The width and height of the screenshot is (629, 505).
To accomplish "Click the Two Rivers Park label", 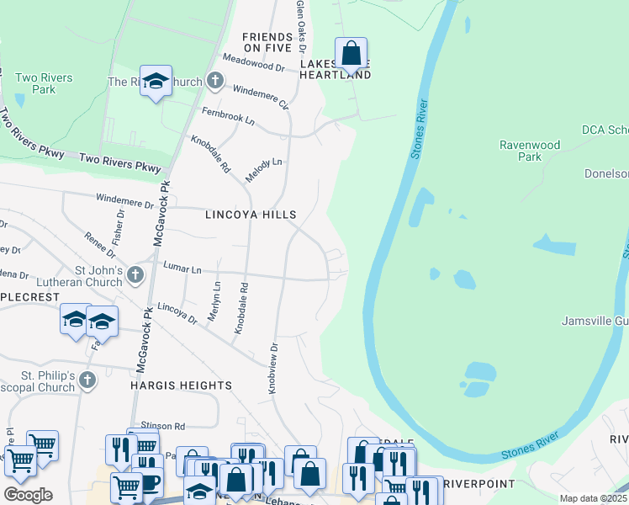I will click(x=44, y=83).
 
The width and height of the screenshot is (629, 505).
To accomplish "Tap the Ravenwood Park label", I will click(x=530, y=151).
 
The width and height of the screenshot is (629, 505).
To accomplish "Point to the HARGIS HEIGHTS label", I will click(x=181, y=385).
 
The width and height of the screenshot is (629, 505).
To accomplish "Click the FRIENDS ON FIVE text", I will click(x=267, y=43).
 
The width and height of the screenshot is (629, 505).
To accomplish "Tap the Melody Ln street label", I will click(x=263, y=170).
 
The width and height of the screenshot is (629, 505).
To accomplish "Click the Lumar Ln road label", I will click(x=182, y=268).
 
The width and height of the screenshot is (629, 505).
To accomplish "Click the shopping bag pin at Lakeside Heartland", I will click(x=351, y=54).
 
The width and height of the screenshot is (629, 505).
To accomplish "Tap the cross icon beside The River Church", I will click(x=215, y=81).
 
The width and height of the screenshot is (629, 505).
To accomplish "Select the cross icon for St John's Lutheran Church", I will click(x=135, y=274).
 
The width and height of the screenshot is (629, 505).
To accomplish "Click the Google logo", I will click(x=28, y=495).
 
